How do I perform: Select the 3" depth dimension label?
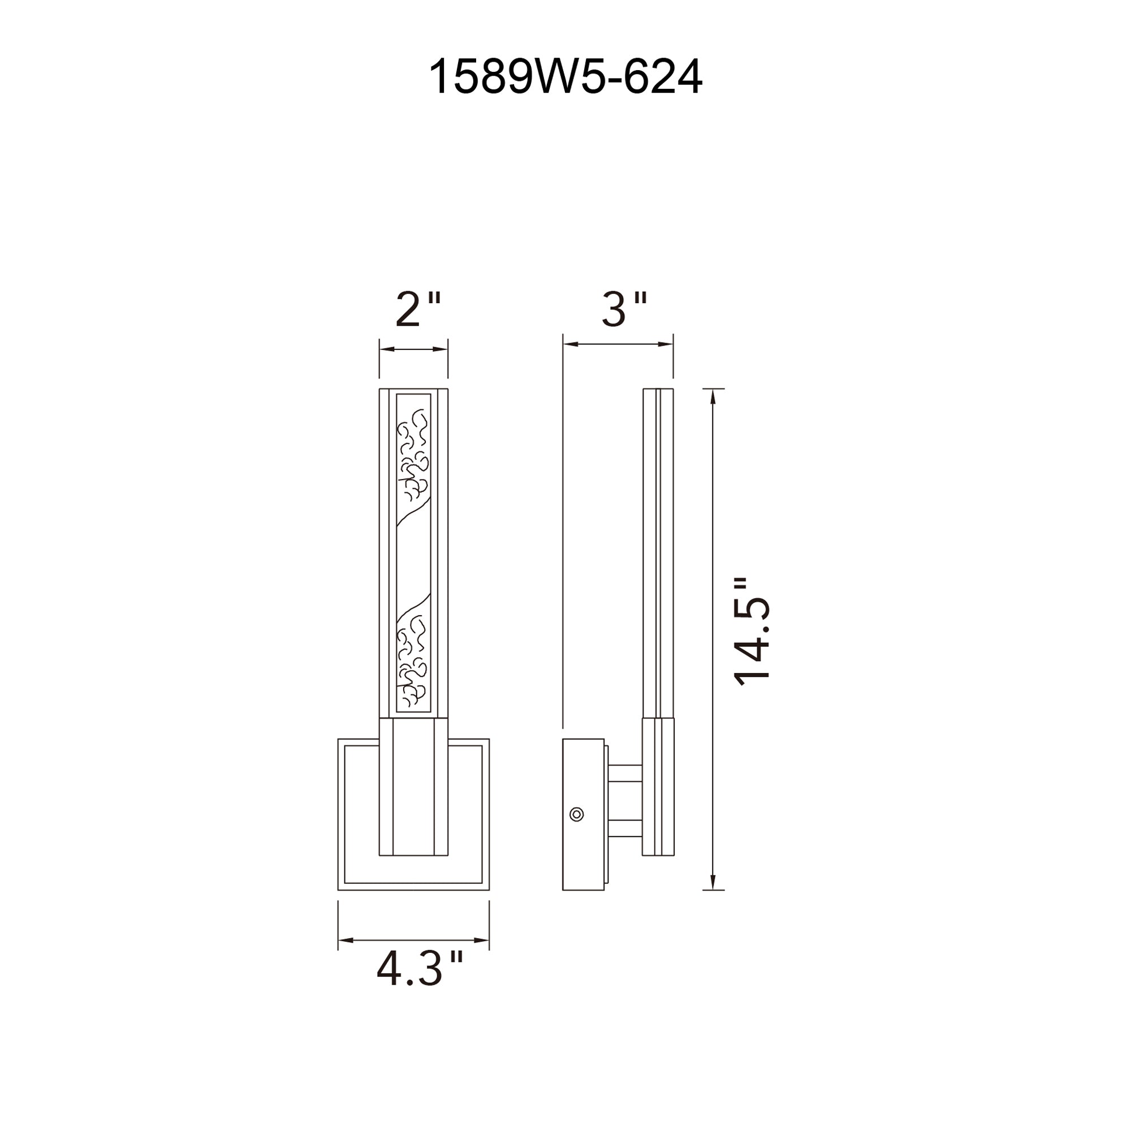click(x=624, y=310)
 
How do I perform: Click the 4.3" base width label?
click(x=419, y=969)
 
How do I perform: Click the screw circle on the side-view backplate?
click(x=577, y=814)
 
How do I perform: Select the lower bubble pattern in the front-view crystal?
click(x=413, y=662)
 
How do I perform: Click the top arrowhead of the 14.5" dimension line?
click(x=713, y=396)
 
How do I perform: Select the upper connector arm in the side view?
click(x=625, y=772)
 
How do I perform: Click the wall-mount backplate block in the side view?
click(x=583, y=814)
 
